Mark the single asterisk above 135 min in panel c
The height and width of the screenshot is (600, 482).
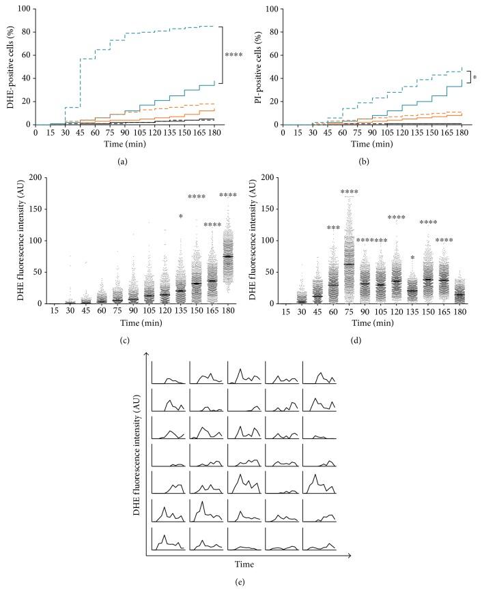click(180, 217)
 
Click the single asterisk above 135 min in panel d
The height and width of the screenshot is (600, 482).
click(412, 258)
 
